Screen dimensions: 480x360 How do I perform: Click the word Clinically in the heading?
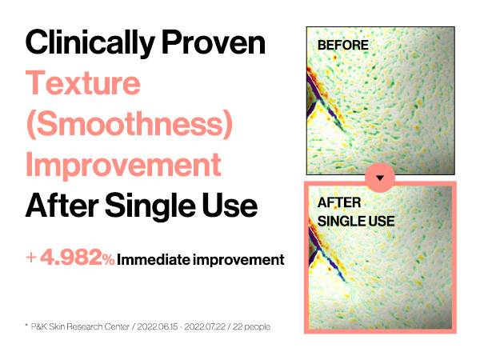click(x=90, y=43)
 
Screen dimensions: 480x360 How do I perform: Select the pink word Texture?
click(x=83, y=82)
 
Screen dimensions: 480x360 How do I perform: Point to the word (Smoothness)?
click(x=130, y=124)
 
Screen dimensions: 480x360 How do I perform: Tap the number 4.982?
click(x=73, y=257)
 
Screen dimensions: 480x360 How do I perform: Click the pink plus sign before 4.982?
click(x=31, y=258)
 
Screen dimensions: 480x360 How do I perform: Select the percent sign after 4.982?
click(x=109, y=260)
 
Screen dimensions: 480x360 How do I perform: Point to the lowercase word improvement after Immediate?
click(x=238, y=260)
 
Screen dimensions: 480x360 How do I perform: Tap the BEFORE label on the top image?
click(x=343, y=46)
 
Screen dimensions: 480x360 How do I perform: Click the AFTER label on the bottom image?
click(x=339, y=202)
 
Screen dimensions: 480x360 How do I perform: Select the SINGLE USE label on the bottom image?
click(x=356, y=222)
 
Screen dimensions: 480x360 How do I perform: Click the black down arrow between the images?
click(x=380, y=178)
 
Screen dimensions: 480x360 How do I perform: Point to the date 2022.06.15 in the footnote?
click(x=158, y=326)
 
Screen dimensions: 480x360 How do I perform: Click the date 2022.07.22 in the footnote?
click(x=205, y=326)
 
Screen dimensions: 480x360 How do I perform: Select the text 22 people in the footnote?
click(x=251, y=327)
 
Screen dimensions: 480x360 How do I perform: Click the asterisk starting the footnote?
click(x=26, y=325)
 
